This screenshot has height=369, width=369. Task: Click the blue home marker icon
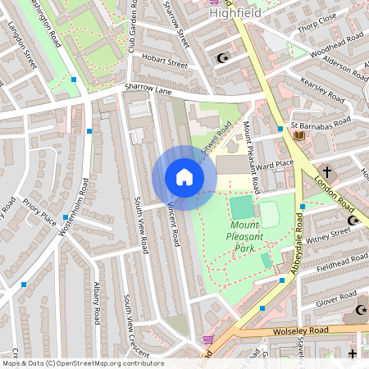(x=184, y=177)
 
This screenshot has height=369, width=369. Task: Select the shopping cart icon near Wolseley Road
(x=208, y=339)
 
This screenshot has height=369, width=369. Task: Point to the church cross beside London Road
(x=327, y=172)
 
